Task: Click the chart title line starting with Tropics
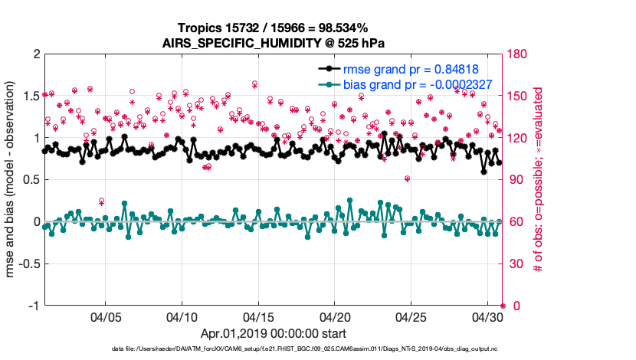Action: [x=273, y=28]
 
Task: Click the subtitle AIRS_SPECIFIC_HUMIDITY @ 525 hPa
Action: [x=273, y=43]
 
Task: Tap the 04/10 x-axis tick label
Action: [x=182, y=317]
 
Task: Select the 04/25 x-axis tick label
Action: [x=411, y=317]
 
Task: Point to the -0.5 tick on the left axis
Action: [x=28, y=264]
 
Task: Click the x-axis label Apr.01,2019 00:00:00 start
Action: [x=273, y=334]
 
